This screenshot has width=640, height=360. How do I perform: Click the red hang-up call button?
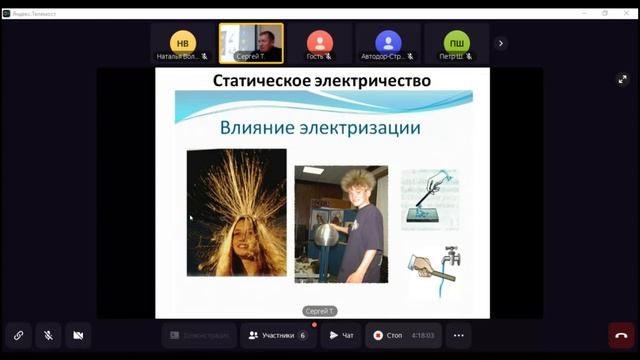pyautogui.click(x=621, y=335)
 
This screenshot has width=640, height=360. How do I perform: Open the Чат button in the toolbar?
pyautogui.click(x=341, y=335)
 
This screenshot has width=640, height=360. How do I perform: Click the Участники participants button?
pyautogui.click(x=277, y=335)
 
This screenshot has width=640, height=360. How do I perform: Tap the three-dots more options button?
pyautogui.click(x=458, y=335)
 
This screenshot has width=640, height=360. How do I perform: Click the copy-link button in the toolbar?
pyautogui.click(x=17, y=335)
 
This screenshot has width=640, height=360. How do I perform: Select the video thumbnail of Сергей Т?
pyautogui.click(x=251, y=43)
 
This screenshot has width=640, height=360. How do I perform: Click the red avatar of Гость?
pyautogui.click(x=320, y=42)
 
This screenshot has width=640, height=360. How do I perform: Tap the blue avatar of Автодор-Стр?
pyautogui.click(x=388, y=42)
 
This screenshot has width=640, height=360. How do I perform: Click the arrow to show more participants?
pyautogui.click(x=501, y=43)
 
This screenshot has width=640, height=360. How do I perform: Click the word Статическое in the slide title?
pyautogui.click(x=262, y=80)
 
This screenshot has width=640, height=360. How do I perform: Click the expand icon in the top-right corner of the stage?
pyautogui.click(x=622, y=79)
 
